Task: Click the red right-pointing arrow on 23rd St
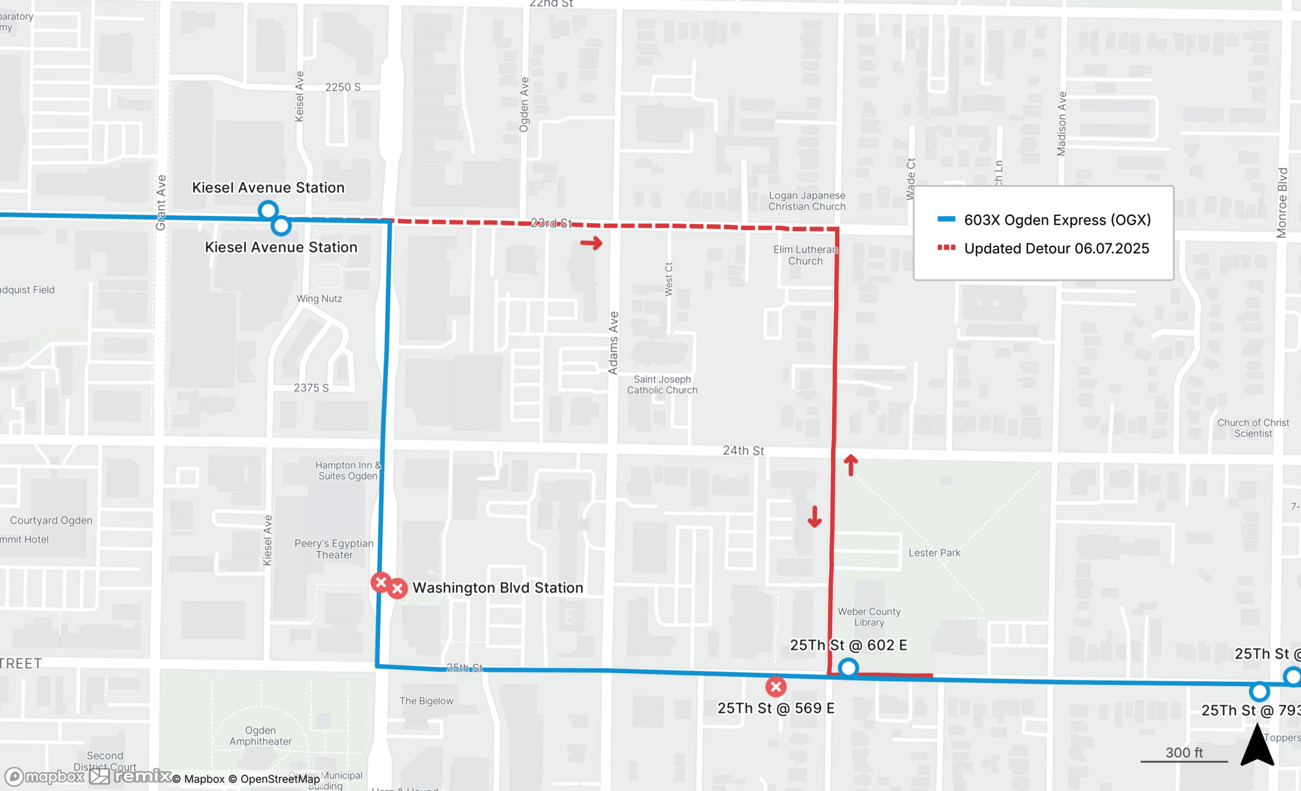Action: (x=591, y=243)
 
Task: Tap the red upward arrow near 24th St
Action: (x=851, y=464)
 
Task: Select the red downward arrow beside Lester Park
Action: (x=814, y=516)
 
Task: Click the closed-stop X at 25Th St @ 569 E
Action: (x=775, y=686)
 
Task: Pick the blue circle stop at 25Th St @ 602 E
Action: (x=848, y=668)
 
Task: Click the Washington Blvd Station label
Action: (x=498, y=587)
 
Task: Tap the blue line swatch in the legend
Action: (x=946, y=220)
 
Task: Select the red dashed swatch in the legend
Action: (x=946, y=248)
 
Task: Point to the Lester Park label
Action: (x=934, y=553)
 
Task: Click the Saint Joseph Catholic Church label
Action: (x=662, y=384)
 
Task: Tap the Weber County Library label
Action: (x=869, y=617)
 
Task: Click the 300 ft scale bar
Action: (x=1184, y=760)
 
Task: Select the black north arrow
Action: (x=1257, y=747)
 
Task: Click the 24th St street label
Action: (x=744, y=450)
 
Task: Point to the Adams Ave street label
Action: (x=613, y=343)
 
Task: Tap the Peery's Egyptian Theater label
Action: (x=334, y=549)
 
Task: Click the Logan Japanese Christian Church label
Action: (x=807, y=201)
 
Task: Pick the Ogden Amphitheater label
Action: (x=260, y=736)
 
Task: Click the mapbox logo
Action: (x=46, y=777)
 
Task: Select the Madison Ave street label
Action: (x=1062, y=124)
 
